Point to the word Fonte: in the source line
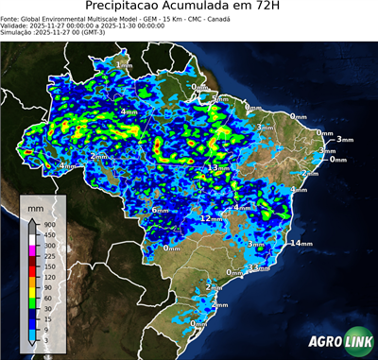(11, 17)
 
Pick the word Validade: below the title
(16, 25)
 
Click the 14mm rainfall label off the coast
(301, 244)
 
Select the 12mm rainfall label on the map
(210, 218)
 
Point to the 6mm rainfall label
(160, 210)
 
